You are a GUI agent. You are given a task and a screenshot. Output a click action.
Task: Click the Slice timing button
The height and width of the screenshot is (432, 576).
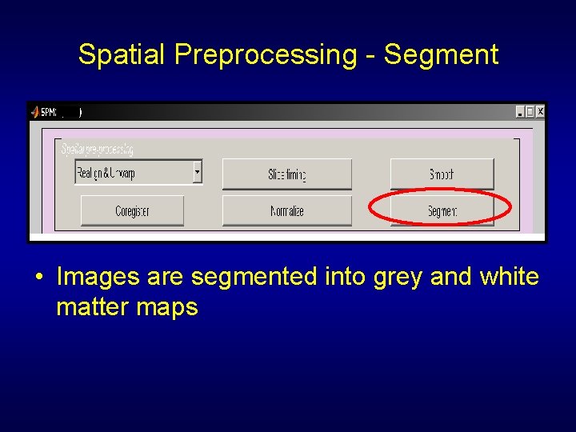[x=286, y=174]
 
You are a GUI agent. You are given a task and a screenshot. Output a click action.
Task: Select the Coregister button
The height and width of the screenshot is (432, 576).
[x=132, y=211]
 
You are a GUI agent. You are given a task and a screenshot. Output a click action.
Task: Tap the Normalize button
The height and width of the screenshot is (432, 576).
[x=286, y=211]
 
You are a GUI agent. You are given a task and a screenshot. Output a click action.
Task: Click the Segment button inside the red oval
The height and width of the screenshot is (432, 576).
[x=442, y=211]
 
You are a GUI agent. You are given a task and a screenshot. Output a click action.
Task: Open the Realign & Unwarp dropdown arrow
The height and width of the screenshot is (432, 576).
[x=198, y=171]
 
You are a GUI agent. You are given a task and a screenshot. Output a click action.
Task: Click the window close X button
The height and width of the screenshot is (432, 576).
[x=540, y=112]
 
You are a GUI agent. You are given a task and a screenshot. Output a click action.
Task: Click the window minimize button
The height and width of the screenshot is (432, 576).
[x=519, y=112]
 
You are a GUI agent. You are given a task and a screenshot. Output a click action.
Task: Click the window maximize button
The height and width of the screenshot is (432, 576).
[x=530, y=112]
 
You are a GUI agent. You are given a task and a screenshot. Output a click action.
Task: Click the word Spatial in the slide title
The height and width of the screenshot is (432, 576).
[x=122, y=55]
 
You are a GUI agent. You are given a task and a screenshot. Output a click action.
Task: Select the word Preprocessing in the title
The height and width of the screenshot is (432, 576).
[x=265, y=55]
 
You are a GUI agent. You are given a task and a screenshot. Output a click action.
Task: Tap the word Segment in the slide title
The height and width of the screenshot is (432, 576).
[x=441, y=55]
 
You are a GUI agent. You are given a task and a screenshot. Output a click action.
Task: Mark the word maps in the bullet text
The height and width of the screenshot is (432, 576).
[x=168, y=307]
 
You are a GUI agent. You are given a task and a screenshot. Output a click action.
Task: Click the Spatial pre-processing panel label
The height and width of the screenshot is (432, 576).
[x=97, y=149]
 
